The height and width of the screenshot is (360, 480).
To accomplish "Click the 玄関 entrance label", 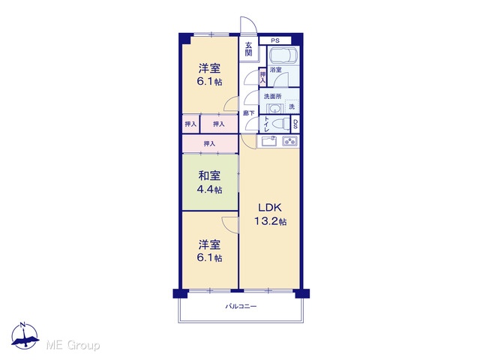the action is click(x=248, y=49).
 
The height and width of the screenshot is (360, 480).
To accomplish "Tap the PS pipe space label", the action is click(x=275, y=40).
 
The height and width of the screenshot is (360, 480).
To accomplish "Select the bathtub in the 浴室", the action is click(x=283, y=55).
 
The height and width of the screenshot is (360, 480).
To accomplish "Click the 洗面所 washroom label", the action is click(x=272, y=96).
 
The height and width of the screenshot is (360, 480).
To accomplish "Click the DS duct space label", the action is click(x=295, y=124).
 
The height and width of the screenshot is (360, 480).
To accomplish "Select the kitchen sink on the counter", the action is click(x=269, y=141).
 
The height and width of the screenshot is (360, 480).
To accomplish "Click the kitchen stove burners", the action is click(x=290, y=141).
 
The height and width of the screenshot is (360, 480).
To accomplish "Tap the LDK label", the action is click(x=270, y=208).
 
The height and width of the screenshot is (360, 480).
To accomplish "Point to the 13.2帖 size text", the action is click(x=271, y=221).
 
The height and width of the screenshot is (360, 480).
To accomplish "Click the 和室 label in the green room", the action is click(x=209, y=175).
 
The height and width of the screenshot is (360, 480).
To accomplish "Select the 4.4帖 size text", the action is click(x=209, y=190).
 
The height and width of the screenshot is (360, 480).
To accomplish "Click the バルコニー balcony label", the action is click(x=241, y=306).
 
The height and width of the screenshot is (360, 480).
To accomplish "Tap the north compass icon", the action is click(x=25, y=335).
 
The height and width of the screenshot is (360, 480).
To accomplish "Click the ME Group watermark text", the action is click(x=73, y=345).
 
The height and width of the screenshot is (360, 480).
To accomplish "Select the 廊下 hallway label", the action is click(x=248, y=113).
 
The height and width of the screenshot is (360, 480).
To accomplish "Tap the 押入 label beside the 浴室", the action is click(x=262, y=76).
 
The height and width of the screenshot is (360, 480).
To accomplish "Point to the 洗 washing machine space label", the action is click(x=292, y=106).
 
